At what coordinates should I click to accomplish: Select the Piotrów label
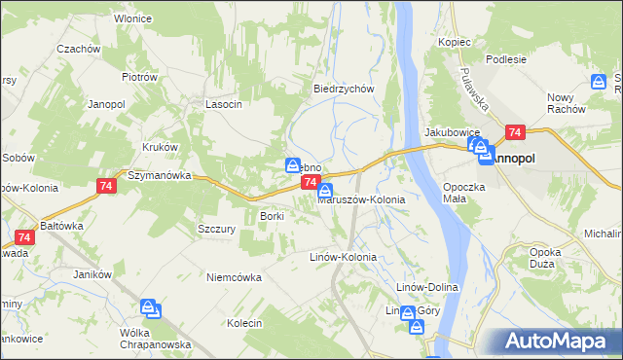(140, 77)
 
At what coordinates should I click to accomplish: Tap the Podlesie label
(506, 58)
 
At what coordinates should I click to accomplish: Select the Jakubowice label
(449, 131)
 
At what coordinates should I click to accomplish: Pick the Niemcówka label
(234, 276)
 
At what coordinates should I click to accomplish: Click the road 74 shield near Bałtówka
(26, 236)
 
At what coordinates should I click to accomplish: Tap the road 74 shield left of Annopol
(515, 132)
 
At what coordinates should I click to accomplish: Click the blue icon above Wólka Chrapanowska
(150, 309)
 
